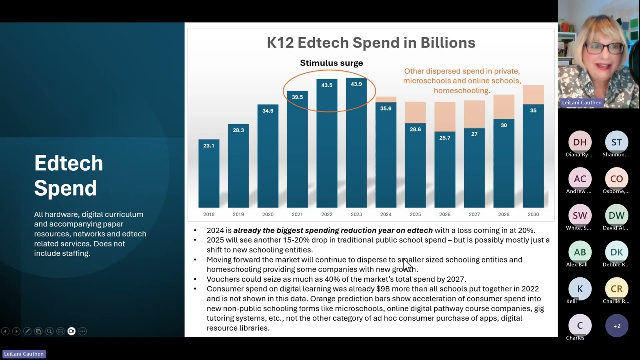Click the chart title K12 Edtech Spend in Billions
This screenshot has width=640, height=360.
pos(371,43)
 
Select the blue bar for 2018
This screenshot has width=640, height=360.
pos(209,175)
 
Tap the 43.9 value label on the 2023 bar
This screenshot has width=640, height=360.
pos(356,84)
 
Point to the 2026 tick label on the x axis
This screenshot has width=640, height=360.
pos(445,214)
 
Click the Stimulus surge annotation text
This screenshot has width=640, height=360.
pos(331,63)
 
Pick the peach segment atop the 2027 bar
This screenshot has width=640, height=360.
pos(474,114)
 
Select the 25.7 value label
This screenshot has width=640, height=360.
pos(445,138)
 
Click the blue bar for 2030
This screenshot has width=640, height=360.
pos(533,160)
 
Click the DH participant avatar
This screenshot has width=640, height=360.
pos(580,142)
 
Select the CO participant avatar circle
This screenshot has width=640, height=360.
pos(616,179)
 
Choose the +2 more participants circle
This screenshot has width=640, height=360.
pos(616,326)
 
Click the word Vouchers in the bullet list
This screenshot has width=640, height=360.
pos(223,279)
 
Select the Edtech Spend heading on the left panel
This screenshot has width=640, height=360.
pos(69,175)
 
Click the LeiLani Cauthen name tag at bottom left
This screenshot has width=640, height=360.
pos(24,354)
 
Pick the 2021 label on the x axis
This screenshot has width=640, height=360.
pos(297,214)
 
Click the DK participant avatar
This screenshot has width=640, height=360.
pos(616,252)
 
